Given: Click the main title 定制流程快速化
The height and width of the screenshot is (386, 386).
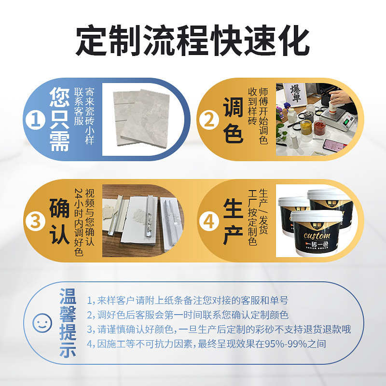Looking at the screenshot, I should point(193,41).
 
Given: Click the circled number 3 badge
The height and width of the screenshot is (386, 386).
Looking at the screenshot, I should point(35,221).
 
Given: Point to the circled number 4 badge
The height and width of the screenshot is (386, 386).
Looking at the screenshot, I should point(209,221).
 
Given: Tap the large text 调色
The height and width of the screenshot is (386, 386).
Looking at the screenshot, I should point(233,120).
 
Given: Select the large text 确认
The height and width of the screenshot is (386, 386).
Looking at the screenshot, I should point(59,221).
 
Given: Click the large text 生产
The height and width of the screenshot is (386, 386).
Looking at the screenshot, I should point(233,221).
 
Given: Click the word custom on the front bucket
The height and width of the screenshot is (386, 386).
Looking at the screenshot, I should point(316,235).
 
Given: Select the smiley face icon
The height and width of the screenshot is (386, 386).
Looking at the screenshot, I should point(42,322).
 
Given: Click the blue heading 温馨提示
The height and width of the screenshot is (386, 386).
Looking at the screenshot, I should point(68,322).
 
